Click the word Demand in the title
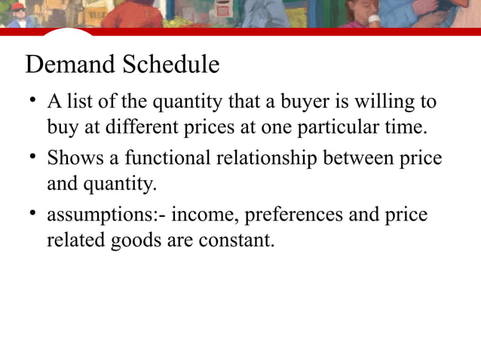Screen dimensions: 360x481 (x=67, y=65)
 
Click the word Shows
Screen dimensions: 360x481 (x=71, y=158)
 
